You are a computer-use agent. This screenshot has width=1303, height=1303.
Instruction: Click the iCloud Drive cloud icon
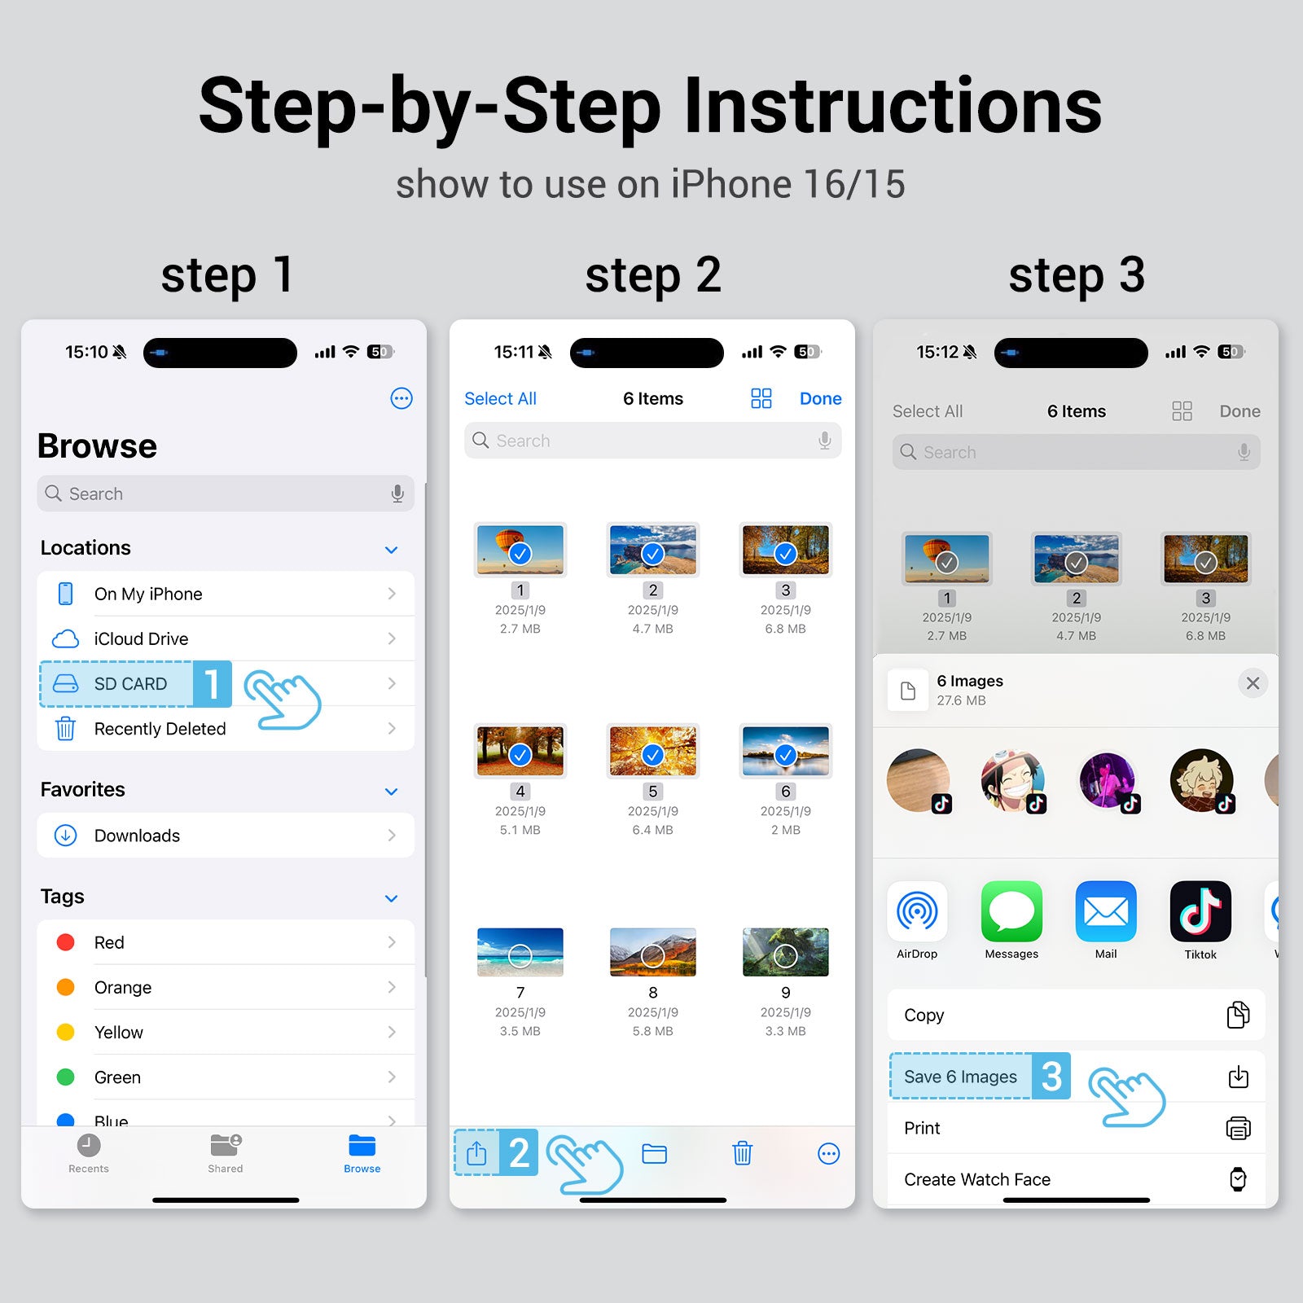pyautogui.click(x=65, y=638)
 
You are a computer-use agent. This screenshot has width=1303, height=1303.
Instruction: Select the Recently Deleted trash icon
pyautogui.click(x=65, y=728)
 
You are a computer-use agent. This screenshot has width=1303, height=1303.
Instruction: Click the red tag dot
pyautogui.click(x=65, y=942)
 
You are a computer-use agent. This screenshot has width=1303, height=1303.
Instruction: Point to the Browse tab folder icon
pyautogui.click(x=362, y=1145)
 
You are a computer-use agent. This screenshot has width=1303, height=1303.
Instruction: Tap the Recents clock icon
pyautogui.click(x=89, y=1145)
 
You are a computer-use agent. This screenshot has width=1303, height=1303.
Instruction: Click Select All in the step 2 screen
pyautogui.click(x=500, y=398)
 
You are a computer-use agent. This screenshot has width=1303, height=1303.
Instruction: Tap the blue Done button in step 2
pyautogui.click(x=820, y=398)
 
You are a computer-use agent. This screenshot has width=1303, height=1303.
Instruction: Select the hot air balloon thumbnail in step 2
pyautogui.click(x=520, y=550)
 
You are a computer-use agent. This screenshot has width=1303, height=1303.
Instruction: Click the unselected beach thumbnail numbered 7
pyautogui.click(x=520, y=952)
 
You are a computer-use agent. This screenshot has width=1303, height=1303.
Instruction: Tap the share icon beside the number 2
pyautogui.click(x=476, y=1152)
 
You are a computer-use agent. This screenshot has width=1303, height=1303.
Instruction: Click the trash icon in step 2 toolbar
pyautogui.click(x=742, y=1153)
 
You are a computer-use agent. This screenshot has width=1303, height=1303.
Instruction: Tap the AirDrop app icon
pyautogui.click(x=917, y=911)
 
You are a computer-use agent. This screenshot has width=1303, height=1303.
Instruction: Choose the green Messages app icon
pyautogui.click(x=1011, y=911)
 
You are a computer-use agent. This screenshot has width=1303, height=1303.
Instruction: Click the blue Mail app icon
pyautogui.click(x=1106, y=911)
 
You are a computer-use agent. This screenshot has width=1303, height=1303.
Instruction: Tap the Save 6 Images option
pyautogui.click(x=960, y=1077)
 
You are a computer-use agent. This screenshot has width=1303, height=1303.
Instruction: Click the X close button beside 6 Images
pyautogui.click(x=1253, y=683)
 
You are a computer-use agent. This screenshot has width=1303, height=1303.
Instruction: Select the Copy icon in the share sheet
pyautogui.click(x=1238, y=1015)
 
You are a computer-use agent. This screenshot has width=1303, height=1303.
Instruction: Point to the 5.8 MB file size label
pyautogui.click(x=652, y=1031)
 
